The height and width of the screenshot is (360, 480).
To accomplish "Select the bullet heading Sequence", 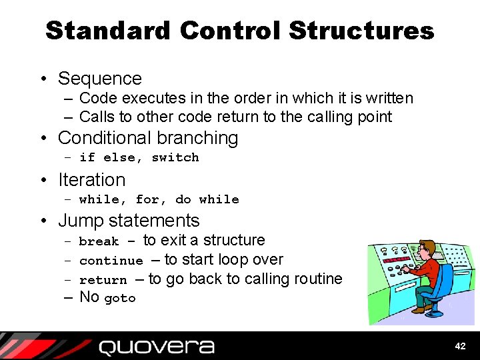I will [x=100, y=79].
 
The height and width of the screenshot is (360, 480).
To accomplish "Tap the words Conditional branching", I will [x=148, y=138].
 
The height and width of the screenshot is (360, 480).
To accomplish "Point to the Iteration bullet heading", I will [x=91, y=180].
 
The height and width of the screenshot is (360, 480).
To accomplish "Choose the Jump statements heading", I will [x=129, y=221].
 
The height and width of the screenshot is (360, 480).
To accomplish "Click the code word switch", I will [x=175, y=158].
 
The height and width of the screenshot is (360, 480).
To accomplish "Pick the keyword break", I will [x=99, y=241].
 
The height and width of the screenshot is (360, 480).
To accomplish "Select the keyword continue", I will [x=111, y=261].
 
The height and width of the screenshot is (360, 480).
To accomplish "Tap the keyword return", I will [x=103, y=280].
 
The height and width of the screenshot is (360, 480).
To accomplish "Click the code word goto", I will [x=120, y=299].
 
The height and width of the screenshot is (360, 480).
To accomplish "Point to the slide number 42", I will [x=460, y=346].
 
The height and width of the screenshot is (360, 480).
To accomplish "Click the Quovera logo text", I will [x=156, y=347].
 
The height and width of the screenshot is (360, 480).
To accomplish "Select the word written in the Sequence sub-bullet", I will [x=389, y=99].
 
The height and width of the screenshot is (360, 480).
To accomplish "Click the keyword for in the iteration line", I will [x=147, y=199].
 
